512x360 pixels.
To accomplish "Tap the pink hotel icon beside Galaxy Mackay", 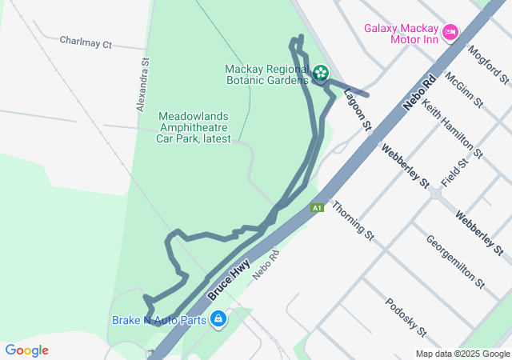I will tap(450, 32).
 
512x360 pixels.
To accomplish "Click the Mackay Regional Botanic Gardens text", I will tap(267, 74).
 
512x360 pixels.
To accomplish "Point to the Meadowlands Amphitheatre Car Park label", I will tap(194, 127).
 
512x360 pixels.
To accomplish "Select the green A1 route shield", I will tap(318, 208).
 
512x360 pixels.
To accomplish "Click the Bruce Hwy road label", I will tap(230, 278).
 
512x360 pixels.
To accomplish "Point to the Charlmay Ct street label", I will tap(86, 42).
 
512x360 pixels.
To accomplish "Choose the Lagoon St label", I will tap(358, 110).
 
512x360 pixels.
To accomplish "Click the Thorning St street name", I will tap(354, 220).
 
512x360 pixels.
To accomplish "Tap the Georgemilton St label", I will tap(454, 261).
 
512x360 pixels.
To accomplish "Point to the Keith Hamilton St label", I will tap(452, 128).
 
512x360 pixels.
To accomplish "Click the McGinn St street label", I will tap(464, 89).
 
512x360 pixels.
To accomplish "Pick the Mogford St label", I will tap(490, 64).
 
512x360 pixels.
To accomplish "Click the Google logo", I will tap(26, 350).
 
